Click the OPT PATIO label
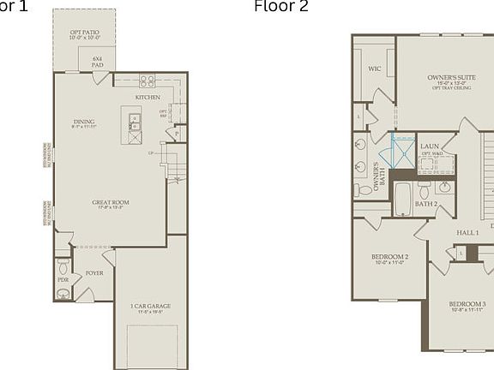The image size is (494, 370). point(84,34)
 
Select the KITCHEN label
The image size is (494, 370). point(148,98)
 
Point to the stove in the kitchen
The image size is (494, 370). point(147,81)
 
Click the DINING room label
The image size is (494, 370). point(84,122)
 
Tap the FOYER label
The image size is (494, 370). point(93,274)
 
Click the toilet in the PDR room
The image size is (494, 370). point(63,268)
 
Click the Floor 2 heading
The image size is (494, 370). point(280,7)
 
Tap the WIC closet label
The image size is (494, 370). point(375,69)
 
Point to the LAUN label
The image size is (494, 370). point(429,146)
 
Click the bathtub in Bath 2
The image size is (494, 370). point(402,200)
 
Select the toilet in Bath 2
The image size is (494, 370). point(424,190)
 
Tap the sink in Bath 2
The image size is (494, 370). point(444,187)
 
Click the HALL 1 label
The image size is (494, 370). point(467,233)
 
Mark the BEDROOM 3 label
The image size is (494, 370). point(467,304)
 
